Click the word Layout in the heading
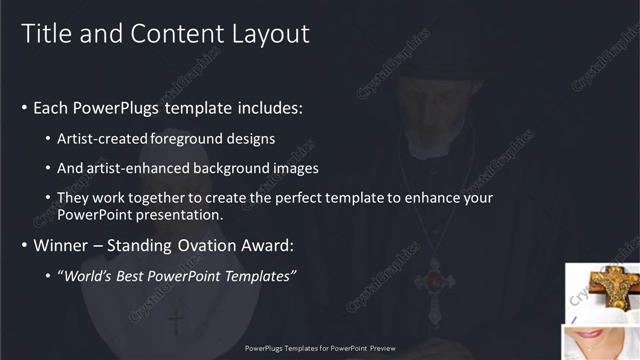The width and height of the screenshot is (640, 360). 273,33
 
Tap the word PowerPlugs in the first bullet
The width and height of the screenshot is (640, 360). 115,107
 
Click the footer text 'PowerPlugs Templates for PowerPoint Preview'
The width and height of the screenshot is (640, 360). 320,348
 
